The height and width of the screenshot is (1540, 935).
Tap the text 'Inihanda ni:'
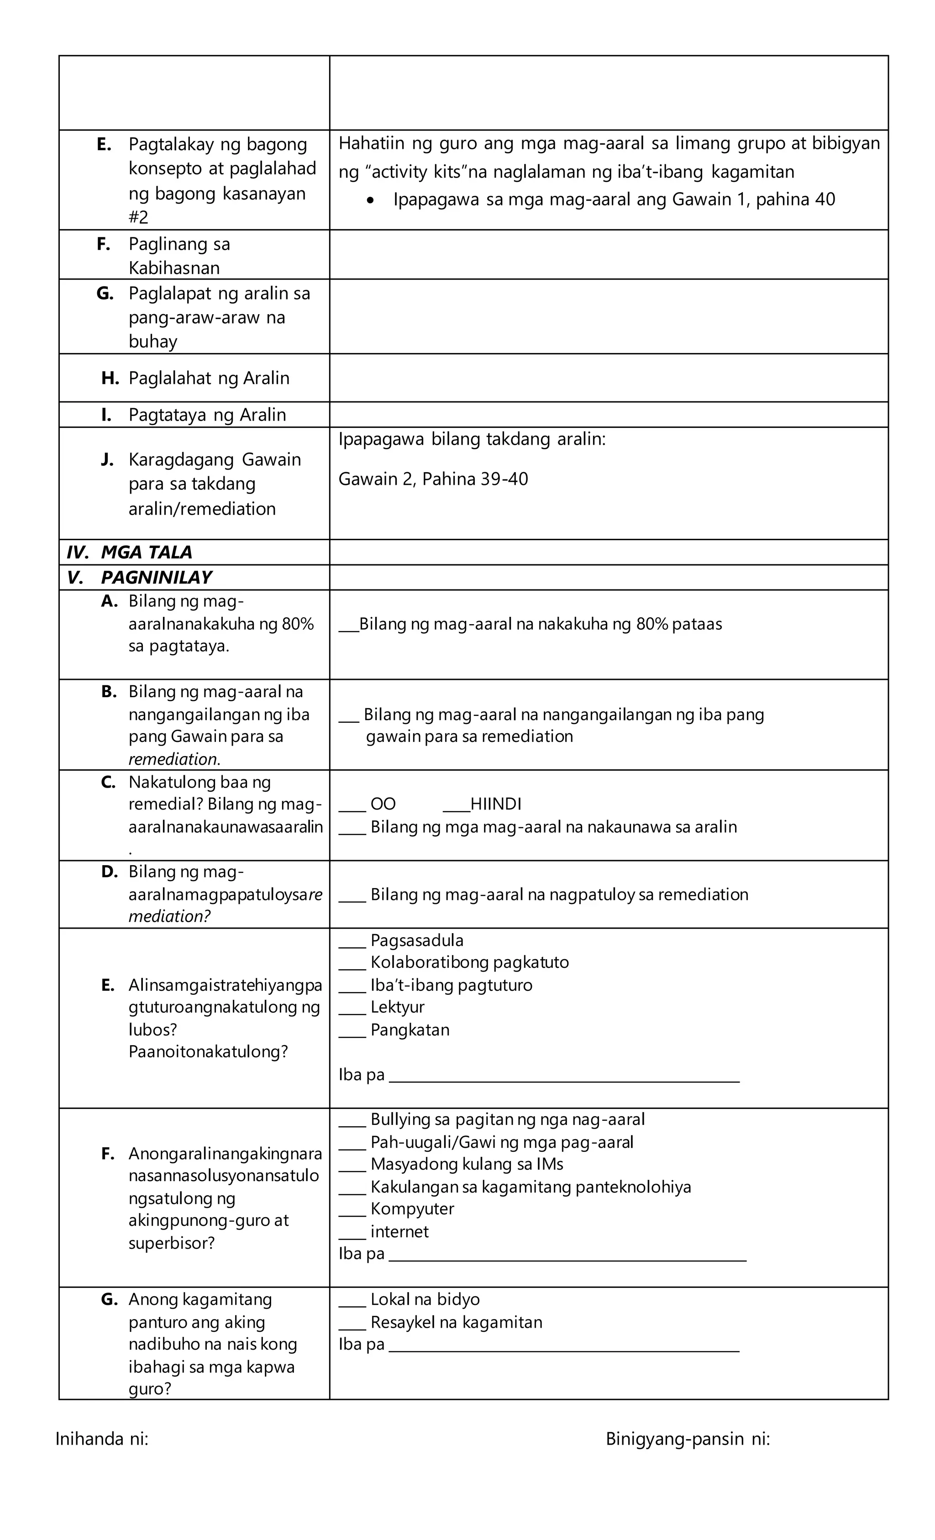102,1439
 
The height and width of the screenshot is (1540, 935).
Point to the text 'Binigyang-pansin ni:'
688,1439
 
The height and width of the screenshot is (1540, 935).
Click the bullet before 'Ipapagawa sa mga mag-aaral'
371,200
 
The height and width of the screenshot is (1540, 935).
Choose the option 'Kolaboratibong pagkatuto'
469,962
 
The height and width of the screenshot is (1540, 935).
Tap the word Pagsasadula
417,940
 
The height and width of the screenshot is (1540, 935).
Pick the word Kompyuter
412,1208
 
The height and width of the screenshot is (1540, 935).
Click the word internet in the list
399,1231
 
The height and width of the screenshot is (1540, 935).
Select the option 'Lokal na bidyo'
425,1299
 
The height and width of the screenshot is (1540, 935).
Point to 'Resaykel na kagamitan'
456,1322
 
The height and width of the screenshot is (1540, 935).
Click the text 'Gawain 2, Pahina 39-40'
433,479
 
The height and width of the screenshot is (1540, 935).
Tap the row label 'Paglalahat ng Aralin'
209,378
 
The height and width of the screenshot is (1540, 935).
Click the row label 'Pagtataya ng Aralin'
207,415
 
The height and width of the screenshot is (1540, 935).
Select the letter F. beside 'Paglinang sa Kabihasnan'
104,244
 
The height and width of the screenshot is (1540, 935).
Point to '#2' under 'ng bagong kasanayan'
139,217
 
